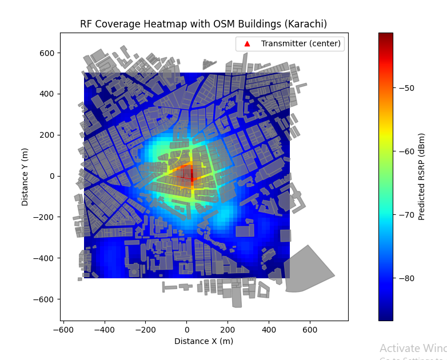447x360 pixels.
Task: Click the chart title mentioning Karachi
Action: [203, 24]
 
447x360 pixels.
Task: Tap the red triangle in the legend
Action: [247, 43]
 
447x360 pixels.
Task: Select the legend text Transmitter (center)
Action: [301, 43]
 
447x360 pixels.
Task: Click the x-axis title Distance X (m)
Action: [203, 341]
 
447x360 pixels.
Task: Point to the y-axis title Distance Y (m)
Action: [25, 176]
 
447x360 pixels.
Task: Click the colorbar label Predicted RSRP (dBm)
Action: [422, 177]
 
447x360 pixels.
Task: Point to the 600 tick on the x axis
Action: [310, 330]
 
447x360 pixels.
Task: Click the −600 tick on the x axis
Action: [63, 330]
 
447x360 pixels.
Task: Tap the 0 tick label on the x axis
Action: [187, 330]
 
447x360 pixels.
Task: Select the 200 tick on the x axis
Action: [228, 330]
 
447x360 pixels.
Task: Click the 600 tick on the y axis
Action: [47, 53]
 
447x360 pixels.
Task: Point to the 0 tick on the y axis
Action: [51, 176]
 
